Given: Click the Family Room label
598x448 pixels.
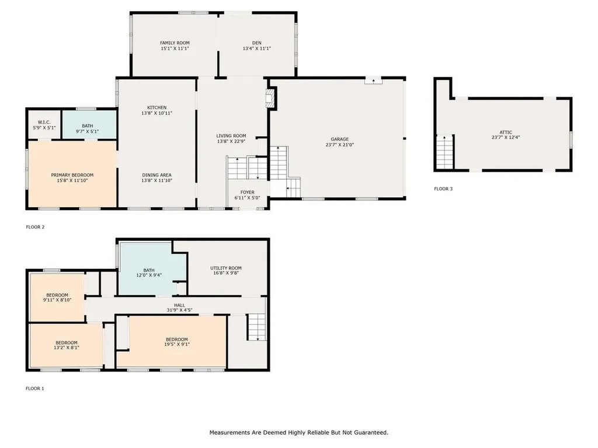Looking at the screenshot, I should click(x=175, y=43).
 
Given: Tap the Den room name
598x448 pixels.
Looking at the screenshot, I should click(x=256, y=43).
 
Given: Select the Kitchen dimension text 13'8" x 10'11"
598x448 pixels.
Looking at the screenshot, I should click(x=157, y=113).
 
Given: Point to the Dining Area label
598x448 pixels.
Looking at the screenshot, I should click(x=157, y=175).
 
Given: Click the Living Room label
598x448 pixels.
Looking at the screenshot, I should click(x=231, y=136).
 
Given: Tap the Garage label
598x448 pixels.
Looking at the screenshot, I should click(x=339, y=139).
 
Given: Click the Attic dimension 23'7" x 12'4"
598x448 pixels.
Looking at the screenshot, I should click(x=506, y=138).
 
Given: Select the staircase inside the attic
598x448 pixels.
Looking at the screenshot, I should click(x=444, y=152).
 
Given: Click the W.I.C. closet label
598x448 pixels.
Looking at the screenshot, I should click(x=44, y=122).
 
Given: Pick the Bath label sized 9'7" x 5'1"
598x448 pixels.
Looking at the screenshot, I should click(x=88, y=126).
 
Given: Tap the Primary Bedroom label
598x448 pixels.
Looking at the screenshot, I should click(x=72, y=175).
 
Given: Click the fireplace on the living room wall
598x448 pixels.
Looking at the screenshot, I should click(x=270, y=99).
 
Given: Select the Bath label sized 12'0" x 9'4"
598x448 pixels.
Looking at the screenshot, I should click(x=149, y=270).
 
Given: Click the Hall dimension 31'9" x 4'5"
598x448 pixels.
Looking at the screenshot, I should click(x=176, y=310).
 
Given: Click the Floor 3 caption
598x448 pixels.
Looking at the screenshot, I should click(x=443, y=189).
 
